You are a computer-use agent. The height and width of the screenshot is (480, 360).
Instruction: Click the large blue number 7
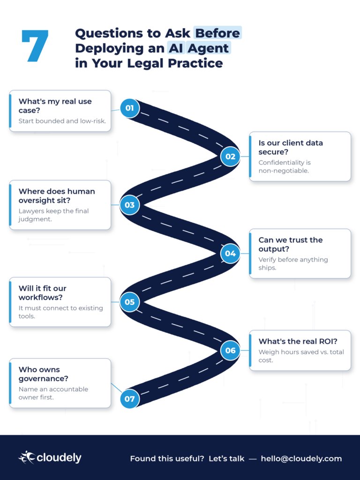click(35, 45)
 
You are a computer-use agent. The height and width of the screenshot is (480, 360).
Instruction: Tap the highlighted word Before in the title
click(217, 33)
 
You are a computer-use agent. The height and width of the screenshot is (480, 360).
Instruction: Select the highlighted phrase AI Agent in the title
click(199, 48)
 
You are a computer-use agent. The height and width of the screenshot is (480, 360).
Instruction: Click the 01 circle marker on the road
click(129, 108)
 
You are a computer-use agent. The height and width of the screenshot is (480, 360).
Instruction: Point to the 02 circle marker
click(230, 157)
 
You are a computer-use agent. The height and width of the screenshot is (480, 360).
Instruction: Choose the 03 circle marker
click(129, 205)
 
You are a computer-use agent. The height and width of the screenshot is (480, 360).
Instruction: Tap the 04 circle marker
click(230, 254)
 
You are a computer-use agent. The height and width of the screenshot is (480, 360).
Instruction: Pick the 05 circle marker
click(129, 302)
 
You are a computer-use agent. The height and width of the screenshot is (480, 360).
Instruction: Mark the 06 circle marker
click(230, 350)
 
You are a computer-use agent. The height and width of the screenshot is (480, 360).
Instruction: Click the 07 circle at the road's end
click(129, 398)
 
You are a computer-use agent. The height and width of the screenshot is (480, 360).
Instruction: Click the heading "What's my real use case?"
click(55, 106)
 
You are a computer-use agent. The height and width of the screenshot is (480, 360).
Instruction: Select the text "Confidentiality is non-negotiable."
click(285, 166)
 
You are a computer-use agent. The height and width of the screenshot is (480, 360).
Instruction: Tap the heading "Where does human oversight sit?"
click(57, 196)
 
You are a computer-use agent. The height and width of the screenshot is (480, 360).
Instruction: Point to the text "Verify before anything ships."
click(293, 263)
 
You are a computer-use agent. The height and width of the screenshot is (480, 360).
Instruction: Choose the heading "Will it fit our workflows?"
click(43, 293)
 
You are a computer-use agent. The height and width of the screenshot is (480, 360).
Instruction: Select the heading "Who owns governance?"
click(44, 374)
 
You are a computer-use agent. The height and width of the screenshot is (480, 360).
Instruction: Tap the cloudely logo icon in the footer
click(27, 457)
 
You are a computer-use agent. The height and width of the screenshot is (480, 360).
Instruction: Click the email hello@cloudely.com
click(301, 458)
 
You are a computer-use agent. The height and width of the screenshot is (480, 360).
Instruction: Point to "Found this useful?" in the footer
click(167, 458)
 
